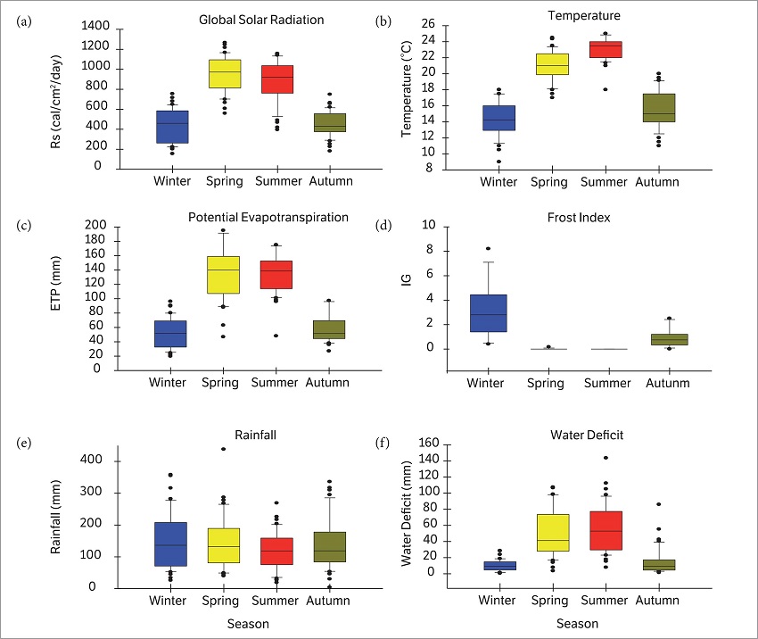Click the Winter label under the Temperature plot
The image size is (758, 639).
point(498,182)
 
